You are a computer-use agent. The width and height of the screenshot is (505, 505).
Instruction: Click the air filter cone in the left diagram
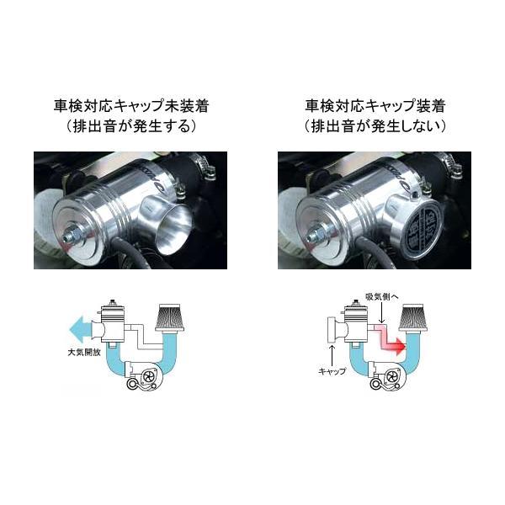[x=171, y=317]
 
